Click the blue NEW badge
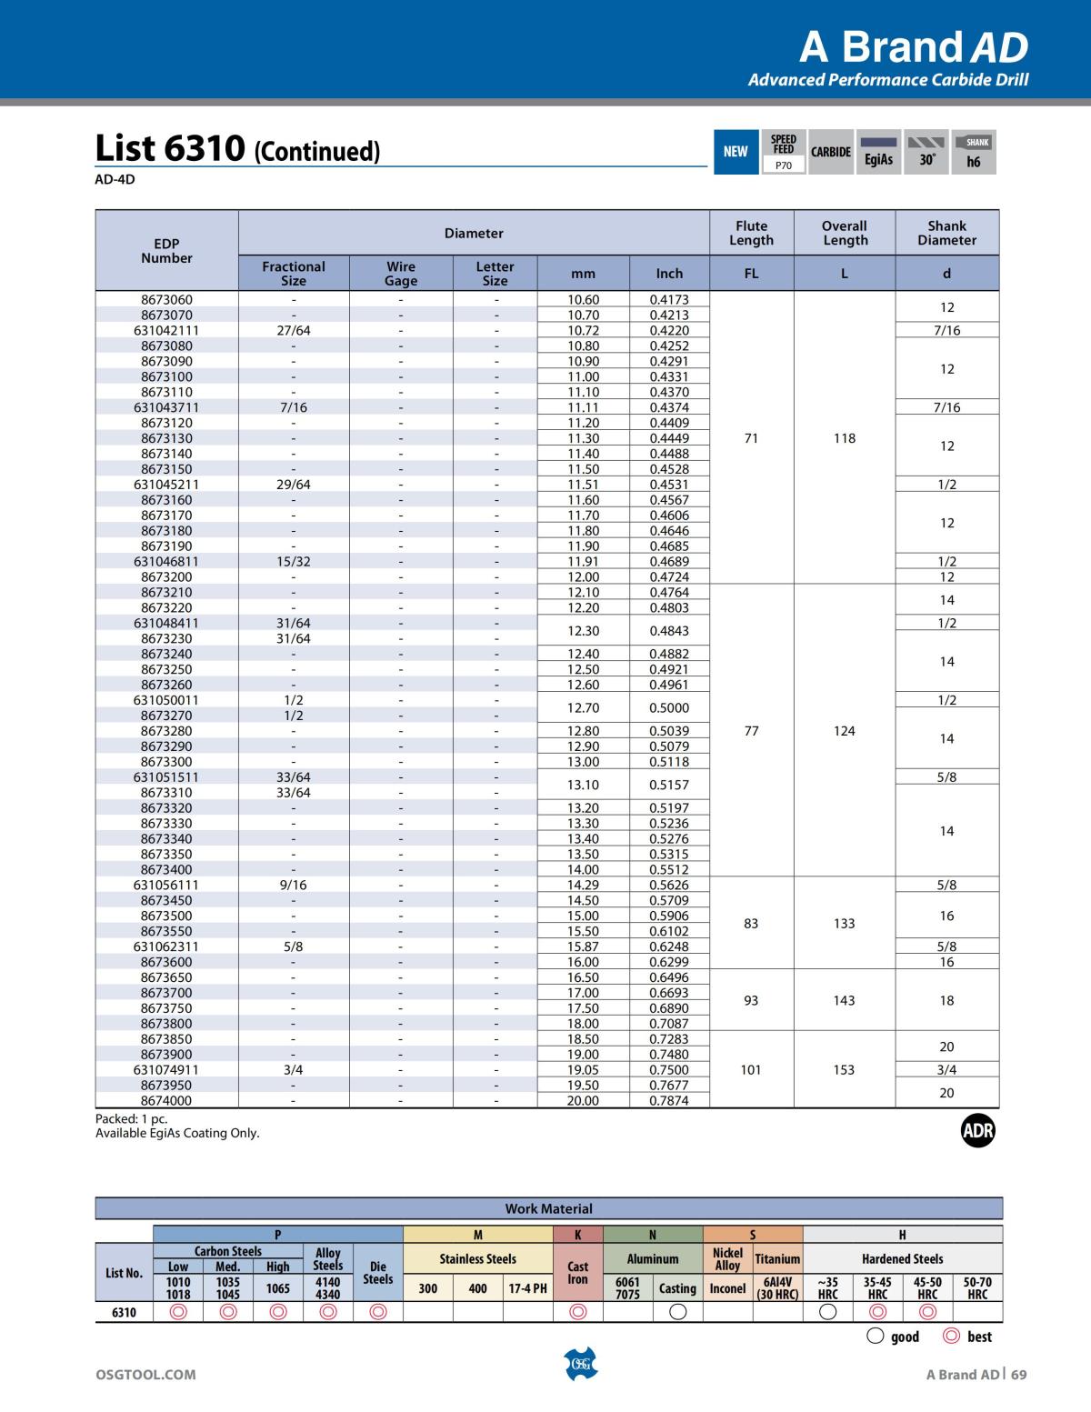point(736,152)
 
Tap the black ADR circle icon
point(978,1131)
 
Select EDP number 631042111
point(166,330)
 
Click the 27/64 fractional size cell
point(294,330)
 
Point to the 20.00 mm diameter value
point(583,1100)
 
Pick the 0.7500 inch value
point(669,1069)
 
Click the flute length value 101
point(751,1069)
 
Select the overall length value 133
point(844,923)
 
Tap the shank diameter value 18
point(946,1000)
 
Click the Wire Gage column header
point(401,273)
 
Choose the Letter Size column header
point(495,273)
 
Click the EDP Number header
point(166,250)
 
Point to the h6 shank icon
point(974,152)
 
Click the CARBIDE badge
point(831,152)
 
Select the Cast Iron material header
point(578,1272)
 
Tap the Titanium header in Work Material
point(777,1259)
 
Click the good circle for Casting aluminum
point(677,1312)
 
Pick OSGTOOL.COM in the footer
point(145,1375)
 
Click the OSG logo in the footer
point(580,1365)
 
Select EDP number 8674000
point(166,1100)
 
